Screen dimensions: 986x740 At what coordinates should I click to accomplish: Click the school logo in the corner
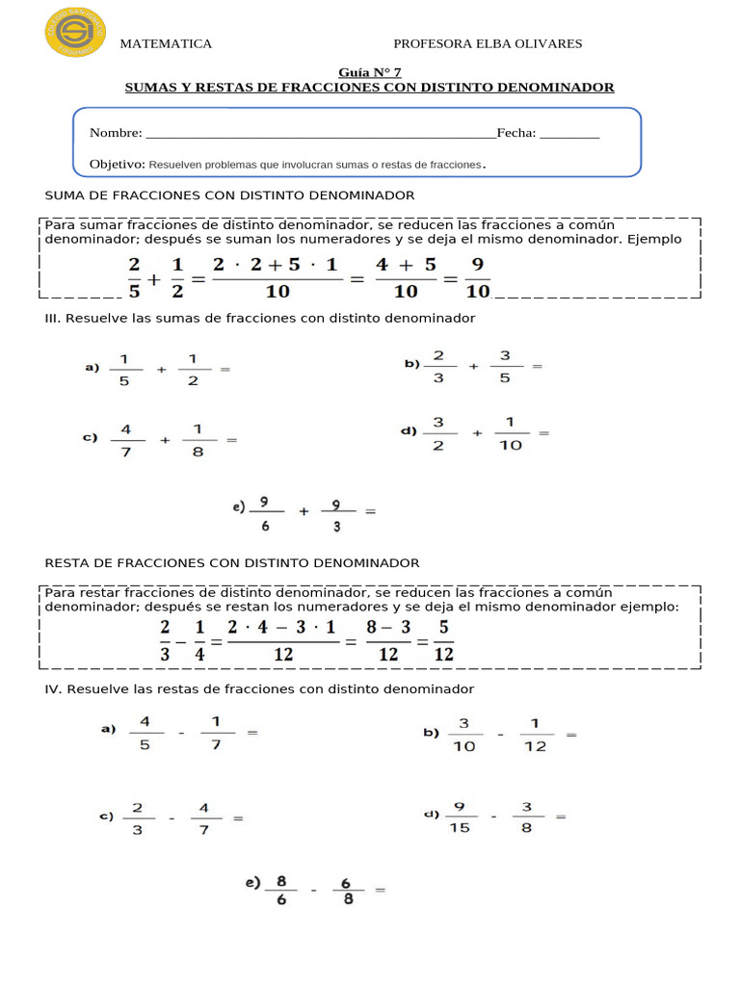click(x=75, y=32)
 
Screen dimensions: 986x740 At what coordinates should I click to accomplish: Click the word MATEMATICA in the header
click(x=165, y=44)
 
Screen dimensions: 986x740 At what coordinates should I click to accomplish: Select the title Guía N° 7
click(x=369, y=72)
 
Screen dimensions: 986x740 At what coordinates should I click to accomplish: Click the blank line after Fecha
click(x=569, y=135)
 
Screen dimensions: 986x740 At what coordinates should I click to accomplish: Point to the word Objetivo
click(x=117, y=165)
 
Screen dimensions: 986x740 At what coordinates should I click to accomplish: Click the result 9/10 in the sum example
click(x=478, y=277)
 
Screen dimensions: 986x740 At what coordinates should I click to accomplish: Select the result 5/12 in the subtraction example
click(x=443, y=641)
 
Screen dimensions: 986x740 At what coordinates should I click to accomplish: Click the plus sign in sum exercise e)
click(x=304, y=512)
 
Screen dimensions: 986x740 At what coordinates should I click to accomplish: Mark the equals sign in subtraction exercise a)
click(x=253, y=733)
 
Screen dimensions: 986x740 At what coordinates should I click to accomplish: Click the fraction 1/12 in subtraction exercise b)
click(x=536, y=735)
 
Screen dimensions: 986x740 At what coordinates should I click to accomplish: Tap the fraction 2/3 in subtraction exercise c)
click(x=138, y=818)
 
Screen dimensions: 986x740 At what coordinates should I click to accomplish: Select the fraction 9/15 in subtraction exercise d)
click(x=460, y=817)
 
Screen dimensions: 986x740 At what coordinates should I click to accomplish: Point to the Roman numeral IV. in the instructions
click(x=53, y=689)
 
